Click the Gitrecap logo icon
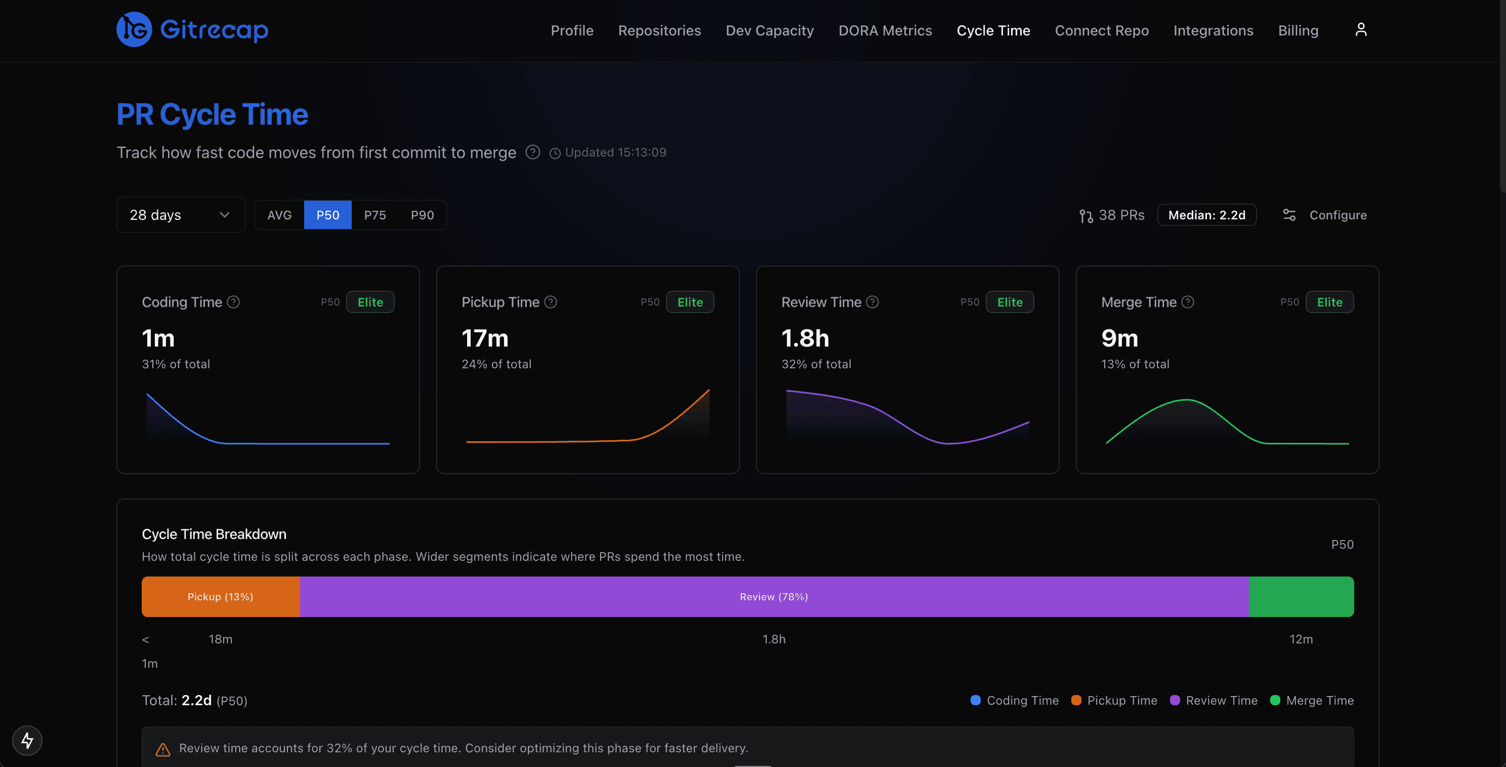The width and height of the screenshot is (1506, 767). (x=134, y=30)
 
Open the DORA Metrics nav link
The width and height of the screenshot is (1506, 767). (x=885, y=30)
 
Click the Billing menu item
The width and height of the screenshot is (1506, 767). (x=1298, y=30)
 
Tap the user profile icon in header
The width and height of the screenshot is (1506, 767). (x=1360, y=30)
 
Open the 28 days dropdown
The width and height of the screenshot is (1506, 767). (x=180, y=215)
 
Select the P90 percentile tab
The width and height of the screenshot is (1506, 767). (x=422, y=215)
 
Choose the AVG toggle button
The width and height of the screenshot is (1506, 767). (x=279, y=215)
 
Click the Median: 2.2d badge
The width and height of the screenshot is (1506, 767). (x=1206, y=215)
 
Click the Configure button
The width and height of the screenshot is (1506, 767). (x=1325, y=215)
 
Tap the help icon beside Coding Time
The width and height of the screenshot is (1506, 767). (x=233, y=302)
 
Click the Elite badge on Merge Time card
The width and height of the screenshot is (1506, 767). (x=1329, y=302)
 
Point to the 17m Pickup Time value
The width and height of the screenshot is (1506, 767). (x=485, y=338)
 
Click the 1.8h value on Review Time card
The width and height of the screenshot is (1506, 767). (x=805, y=338)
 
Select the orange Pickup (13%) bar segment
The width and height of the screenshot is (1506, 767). (x=221, y=597)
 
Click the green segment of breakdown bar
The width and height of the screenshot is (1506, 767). (x=1300, y=597)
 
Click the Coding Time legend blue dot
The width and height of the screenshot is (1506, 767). (x=975, y=700)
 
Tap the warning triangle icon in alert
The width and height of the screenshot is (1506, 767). (x=162, y=749)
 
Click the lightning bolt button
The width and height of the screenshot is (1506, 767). (x=27, y=740)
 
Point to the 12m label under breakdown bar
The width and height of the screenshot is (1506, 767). (x=1301, y=639)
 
